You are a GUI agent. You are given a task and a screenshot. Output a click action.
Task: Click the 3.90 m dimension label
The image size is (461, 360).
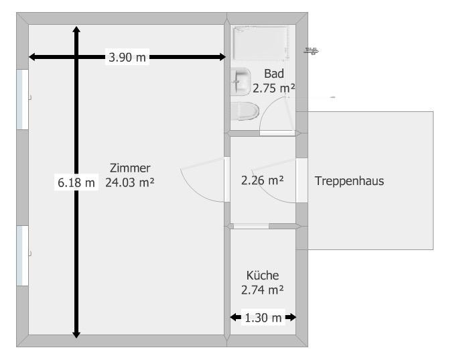click(x=127, y=58)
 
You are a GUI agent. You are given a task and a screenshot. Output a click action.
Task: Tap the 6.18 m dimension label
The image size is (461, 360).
click(x=76, y=182)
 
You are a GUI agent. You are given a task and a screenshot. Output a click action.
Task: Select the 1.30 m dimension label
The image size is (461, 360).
click(x=263, y=317)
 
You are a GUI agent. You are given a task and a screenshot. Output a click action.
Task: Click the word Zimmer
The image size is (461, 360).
click(x=130, y=168)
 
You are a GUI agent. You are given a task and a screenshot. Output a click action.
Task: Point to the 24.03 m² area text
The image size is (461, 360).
click(x=130, y=182)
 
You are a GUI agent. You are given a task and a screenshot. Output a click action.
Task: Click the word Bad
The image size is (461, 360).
click(x=274, y=74)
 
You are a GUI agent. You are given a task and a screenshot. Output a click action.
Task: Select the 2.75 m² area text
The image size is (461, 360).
click(x=274, y=87)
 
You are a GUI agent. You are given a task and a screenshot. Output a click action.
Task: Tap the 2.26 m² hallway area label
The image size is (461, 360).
click(x=262, y=180)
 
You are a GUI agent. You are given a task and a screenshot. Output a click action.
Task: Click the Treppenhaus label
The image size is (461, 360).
click(x=349, y=180)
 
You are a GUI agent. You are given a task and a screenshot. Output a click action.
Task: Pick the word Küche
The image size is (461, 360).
click(x=262, y=276)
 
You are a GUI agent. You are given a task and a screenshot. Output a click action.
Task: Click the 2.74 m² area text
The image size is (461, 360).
click(x=262, y=290)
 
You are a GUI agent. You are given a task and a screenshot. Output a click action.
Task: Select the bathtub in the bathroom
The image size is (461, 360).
click(x=261, y=45)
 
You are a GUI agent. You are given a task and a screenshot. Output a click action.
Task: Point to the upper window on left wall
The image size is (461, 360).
click(x=22, y=99)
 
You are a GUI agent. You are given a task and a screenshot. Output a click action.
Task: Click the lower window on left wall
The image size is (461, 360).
click(x=22, y=255)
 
